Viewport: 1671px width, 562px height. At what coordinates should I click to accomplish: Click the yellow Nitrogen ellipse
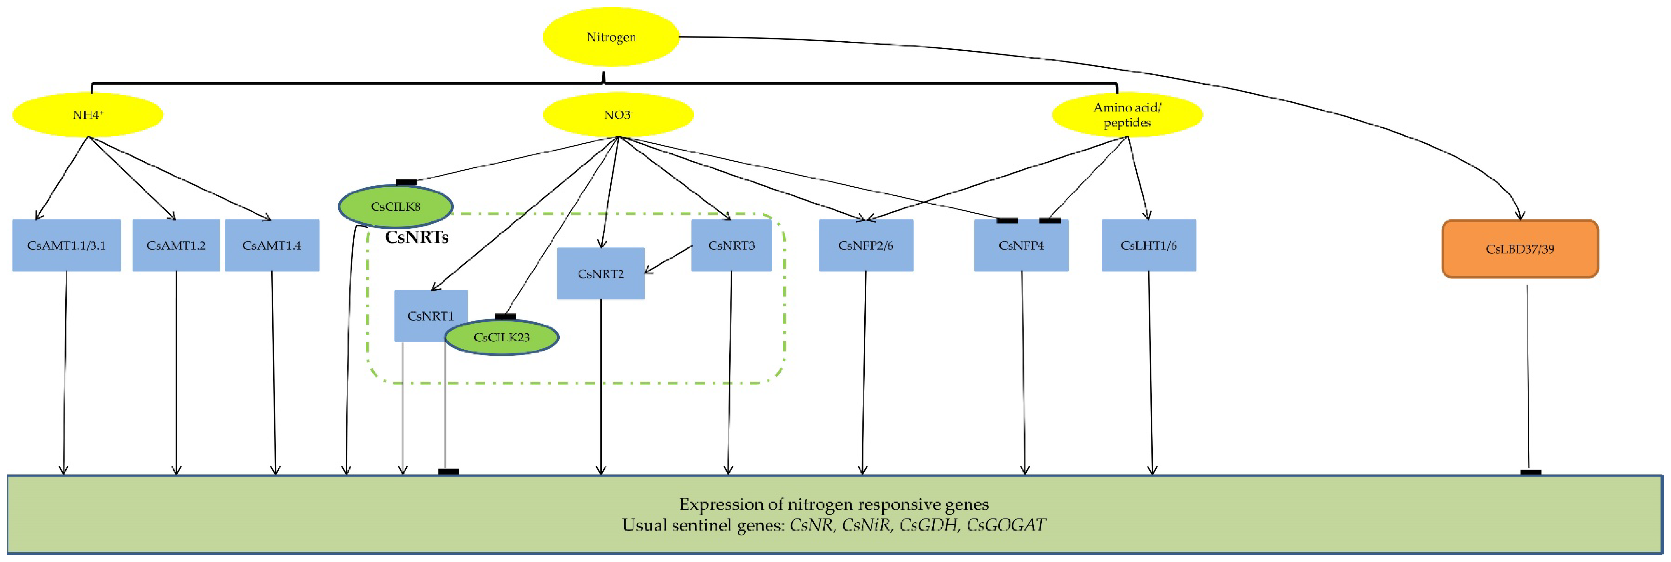[611, 37]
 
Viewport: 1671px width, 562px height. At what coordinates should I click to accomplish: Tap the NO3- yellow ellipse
[618, 115]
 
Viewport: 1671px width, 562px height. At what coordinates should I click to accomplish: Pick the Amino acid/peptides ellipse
[1127, 115]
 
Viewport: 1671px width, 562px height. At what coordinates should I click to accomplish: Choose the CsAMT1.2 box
[176, 245]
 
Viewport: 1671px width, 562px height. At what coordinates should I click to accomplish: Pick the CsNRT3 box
[731, 245]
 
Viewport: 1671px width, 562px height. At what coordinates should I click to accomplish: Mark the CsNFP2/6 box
[865, 245]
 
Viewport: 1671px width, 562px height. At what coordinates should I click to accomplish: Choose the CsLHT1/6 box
[1148, 245]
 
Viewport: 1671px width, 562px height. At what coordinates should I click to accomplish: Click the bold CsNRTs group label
[417, 237]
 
